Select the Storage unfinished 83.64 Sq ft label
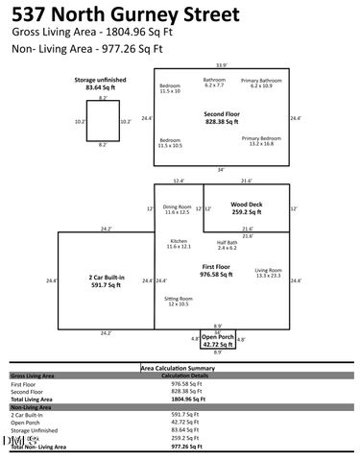(96, 84)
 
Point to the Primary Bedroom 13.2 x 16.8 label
(261, 141)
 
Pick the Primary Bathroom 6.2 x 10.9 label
(261, 84)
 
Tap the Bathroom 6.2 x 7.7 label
(215, 82)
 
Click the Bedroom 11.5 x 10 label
(170, 88)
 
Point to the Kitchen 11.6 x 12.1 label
(179, 244)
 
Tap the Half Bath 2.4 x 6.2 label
(227, 245)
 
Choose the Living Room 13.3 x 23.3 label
(268, 273)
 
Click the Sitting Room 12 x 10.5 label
(178, 302)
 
